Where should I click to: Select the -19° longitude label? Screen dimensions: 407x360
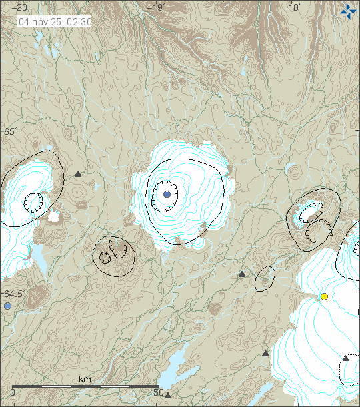click(158, 7)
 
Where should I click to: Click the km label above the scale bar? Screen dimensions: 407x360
click(85, 379)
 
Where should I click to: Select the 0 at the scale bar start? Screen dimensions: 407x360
click(13, 392)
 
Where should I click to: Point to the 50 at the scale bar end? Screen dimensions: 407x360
click(159, 392)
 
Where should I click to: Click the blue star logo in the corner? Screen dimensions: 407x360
click(347, 11)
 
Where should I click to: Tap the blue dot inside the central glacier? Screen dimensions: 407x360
click(167, 194)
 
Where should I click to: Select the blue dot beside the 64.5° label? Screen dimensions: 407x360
click(7, 306)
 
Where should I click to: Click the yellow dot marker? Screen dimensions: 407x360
click(324, 296)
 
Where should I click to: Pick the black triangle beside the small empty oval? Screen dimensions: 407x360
click(242, 274)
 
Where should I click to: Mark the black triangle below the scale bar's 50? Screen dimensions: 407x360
click(168, 396)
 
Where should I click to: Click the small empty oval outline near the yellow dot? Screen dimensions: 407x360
click(265, 278)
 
